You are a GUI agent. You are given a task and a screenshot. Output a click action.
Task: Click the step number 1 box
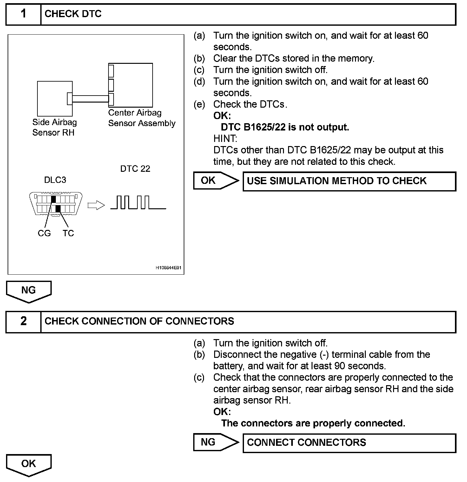click(x=23, y=14)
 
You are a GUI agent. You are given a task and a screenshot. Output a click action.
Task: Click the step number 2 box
click(x=23, y=321)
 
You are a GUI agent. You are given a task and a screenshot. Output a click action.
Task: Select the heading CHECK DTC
click(x=73, y=14)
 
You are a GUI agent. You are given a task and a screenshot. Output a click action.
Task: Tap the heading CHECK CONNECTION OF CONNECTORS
click(x=139, y=321)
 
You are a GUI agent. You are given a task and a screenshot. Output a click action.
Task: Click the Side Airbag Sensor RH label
click(x=54, y=127)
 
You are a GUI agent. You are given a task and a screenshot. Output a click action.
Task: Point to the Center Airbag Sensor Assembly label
click(x=141, y=118)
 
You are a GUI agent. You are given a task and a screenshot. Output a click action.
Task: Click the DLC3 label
click(x=55, y=180)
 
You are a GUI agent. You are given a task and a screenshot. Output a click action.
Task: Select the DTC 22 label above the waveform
click(x=135, y=169)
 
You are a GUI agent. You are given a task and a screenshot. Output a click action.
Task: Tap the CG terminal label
click(x=44, y=233)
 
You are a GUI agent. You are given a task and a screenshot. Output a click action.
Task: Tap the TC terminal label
click(x=68, y=233)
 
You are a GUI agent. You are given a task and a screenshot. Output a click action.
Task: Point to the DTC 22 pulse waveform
click(x=138, y=203)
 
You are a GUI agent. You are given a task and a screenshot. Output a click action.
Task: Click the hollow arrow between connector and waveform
click(x=96, y=205)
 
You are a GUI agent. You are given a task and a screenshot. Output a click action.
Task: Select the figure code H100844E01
click(x=168, y=268)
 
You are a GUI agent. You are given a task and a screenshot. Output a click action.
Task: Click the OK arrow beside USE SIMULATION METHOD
click(x=215, y=181)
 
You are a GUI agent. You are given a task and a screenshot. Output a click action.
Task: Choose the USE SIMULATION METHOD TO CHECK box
click(x=349, y=181)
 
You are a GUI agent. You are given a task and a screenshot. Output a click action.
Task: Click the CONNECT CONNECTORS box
click(x=349, y=443)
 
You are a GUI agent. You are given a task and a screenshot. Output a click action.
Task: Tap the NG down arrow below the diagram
click(x=29, y=291)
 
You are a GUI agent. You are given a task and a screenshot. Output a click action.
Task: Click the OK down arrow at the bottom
click(x=29, y=465)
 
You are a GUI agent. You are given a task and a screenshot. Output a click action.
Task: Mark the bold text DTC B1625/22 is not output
click(x=285, y=127)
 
